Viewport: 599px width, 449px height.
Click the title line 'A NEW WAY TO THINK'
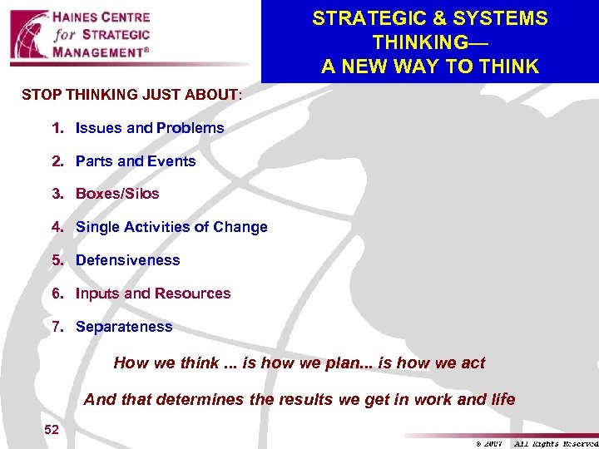(430, 66)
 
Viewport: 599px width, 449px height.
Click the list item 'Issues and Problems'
(150, 128)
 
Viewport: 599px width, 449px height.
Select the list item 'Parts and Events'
(136, 161)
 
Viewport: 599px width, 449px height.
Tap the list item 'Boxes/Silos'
(117, 194)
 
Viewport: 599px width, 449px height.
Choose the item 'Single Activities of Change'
(171, 227)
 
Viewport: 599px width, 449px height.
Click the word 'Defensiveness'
(127, 260)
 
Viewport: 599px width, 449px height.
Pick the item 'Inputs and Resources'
(153, 294)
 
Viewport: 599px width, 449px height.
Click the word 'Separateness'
(124, 327)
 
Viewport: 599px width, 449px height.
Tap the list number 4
(57, 227)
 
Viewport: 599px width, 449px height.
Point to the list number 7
(57, 327)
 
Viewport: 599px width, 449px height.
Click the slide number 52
(52, 428)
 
